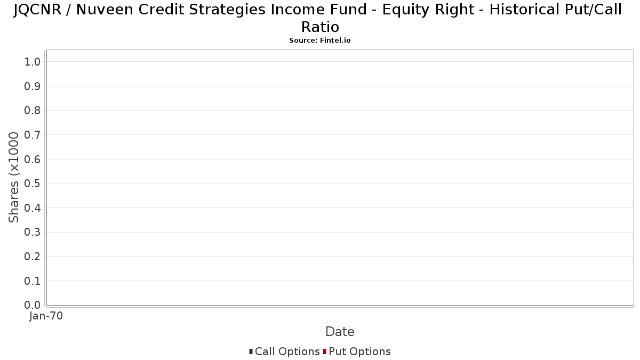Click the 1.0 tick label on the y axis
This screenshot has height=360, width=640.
[x=33, y=62]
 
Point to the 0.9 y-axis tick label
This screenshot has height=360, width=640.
[x=33, y=86]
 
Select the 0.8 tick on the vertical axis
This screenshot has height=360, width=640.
[x=33, y=110]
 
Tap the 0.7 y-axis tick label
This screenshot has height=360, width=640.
[x=33, y=135]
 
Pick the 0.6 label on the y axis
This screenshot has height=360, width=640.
[x=33, y=159]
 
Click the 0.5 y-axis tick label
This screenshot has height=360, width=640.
[x=33, y=183]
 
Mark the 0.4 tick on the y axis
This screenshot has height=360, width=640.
[x=33, y=208]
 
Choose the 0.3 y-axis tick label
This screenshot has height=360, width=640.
[x=33, y=233]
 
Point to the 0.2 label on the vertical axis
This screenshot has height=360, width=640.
[x=33, y=257]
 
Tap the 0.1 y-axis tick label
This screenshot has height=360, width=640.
[x=33, y=281]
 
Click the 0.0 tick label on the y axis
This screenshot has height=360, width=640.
[x=33, y=305]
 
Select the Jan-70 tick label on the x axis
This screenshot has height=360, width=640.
[x=46, y=316]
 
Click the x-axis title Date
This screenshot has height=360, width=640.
[x=340, y=332]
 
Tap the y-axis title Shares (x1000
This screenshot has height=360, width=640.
[x=13, y=178]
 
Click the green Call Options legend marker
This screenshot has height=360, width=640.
[x=251, y=351]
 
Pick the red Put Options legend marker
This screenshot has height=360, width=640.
[x=325, y=351]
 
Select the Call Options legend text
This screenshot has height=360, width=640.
[x=287, y=351]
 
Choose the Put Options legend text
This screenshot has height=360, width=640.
[x=359, y=351]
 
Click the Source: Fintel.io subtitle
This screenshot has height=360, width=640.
[x=320, y=41]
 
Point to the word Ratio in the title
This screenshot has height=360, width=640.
[x=321, y=27]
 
